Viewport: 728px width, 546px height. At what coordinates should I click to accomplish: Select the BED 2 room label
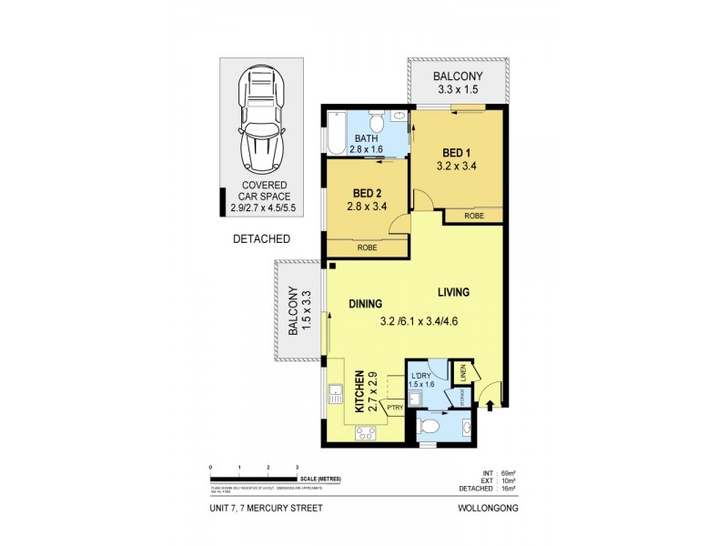[x=365, y=194]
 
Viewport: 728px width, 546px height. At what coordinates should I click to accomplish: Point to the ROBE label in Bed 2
[x=367, y=248]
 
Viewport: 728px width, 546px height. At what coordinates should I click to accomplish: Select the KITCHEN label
[x=359, y=391]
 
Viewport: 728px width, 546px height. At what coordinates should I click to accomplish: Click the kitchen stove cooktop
[x=366, y=433]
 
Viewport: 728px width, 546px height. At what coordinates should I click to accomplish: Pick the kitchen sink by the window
[x=335, y=395]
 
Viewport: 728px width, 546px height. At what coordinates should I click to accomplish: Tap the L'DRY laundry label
[x=420, y=377]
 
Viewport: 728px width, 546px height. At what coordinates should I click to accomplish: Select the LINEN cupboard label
[x=461, y=373]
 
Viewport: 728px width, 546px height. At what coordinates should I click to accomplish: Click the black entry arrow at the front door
[x=490, y=407]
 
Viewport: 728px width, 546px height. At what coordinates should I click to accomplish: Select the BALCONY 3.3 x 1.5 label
[x=458, y=84]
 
